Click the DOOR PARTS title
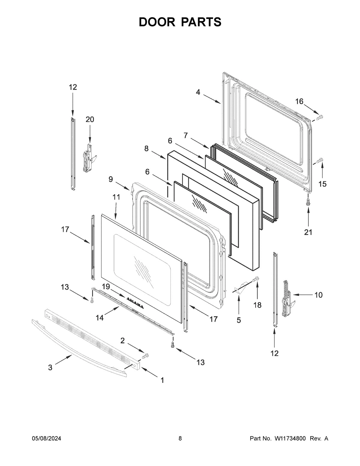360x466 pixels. pos(180,22)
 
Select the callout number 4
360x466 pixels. pos(198,92)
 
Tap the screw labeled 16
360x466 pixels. pos(319,117)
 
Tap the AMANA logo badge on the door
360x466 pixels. pos(135,302)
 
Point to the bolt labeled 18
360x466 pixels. pos(256,280)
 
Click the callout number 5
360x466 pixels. pos(238,320)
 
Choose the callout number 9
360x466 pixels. pos(111,179)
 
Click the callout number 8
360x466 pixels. pos(146,149)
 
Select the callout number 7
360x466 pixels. pos(186,136)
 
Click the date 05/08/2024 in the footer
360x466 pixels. pos(46,438)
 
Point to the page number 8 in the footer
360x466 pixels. pos(180,438)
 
